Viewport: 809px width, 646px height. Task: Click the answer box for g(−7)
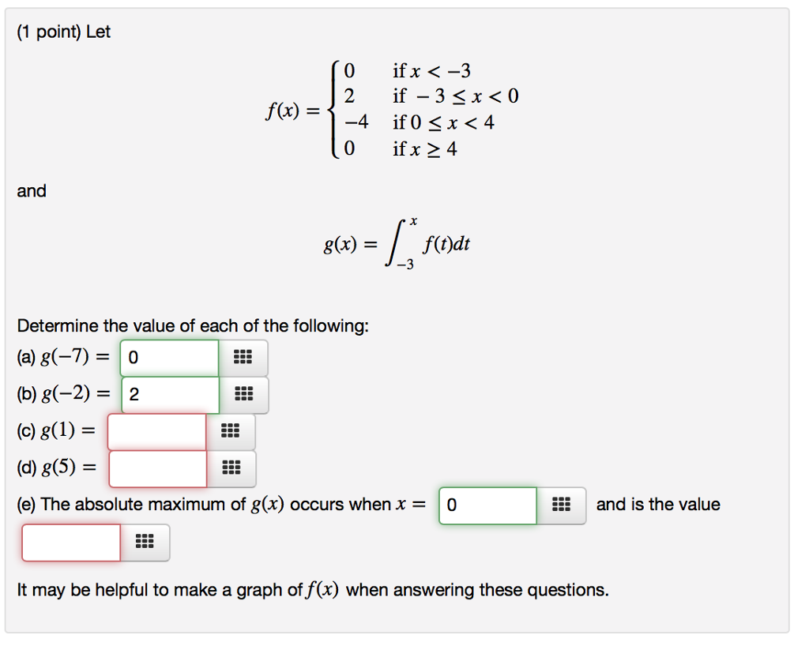tap(169, 357)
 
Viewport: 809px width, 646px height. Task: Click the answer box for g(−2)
tap(171, 394)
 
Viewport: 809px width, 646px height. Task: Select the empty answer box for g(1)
tap(157, 431)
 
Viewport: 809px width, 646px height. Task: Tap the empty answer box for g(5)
tap(158, 468)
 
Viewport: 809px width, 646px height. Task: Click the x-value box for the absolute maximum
tap(487, 505)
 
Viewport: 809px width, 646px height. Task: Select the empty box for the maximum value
tap(71, 543)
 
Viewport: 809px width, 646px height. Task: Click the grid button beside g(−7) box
tap(243, 357)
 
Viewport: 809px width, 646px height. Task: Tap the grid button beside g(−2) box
tap(243, 394)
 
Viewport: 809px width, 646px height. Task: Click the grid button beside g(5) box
tap(231, 468)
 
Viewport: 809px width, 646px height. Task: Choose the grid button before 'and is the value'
tap(562, 505)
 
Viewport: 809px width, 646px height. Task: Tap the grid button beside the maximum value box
tap(145, 543)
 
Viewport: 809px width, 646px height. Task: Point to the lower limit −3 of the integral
tap(405, 265)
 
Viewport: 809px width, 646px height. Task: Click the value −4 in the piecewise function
tap(356, 122)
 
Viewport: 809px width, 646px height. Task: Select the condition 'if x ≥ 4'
tap(424, 149)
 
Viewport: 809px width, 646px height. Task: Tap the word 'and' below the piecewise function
tap(32, 191)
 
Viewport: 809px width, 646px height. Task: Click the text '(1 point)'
tap(49, 32)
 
